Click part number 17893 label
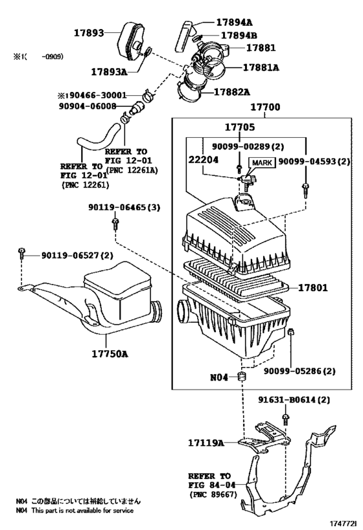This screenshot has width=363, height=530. pyautogui.click(x=89, y=33)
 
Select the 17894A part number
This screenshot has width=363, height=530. pyautogui.click(x=234, y=22)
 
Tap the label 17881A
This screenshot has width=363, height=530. pyautogui.click(x=261, y=67)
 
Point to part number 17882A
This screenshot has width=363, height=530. pyautogui.click(x=232, y=92)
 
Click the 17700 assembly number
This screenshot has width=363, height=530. pyautogui.click(x=265, y=107)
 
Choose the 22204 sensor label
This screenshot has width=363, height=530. pyautogui.click(x=203, y=160)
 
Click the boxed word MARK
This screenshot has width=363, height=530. pyautogui.click(x=262, y=163)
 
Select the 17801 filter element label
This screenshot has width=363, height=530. pyautogui.click(x=313, y=287)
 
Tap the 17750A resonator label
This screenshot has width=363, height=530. pyautogui.click(x=110, y=354)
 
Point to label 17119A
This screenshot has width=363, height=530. pyautogui.click(x=206, y=443)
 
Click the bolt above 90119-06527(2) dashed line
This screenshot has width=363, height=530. pyautogui.click(x=21, y=252)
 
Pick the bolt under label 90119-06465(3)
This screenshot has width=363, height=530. pyautogui.click(x=115, y=223)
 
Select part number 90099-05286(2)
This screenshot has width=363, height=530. pyautogui.click(x=299, y=371)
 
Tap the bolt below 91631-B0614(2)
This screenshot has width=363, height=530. pyautogui.click(x=286, y=419)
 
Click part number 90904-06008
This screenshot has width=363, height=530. pyautogui.click(x=88, y=106)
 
